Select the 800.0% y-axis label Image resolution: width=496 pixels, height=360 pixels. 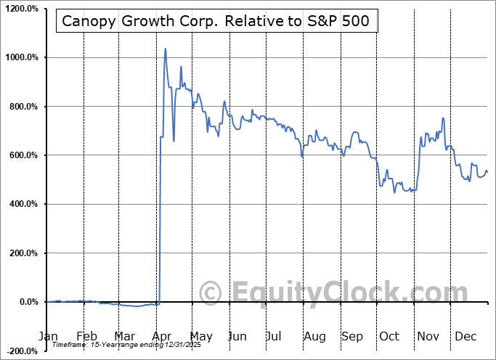tap(22, 107)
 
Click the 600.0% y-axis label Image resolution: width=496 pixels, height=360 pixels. tap(22, 155)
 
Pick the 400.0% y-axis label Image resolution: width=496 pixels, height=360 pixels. tap(22, 204)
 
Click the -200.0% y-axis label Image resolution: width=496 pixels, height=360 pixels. tap(20, 351)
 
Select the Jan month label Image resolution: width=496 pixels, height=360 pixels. tap(47, 336)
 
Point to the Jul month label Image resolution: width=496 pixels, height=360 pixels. tap(275, 336)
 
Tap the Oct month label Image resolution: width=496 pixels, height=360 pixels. tap(389, 336)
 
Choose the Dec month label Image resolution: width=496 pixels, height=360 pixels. tap(465, 336)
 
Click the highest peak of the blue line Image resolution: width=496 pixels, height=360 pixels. tap(166, 49)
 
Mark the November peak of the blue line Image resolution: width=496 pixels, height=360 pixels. tap(443, 118)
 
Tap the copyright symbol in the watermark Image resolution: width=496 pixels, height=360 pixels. tap(211, 293)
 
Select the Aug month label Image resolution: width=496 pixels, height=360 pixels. tap(314, 336)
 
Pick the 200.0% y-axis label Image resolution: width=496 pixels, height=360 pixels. tap(22, 253)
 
